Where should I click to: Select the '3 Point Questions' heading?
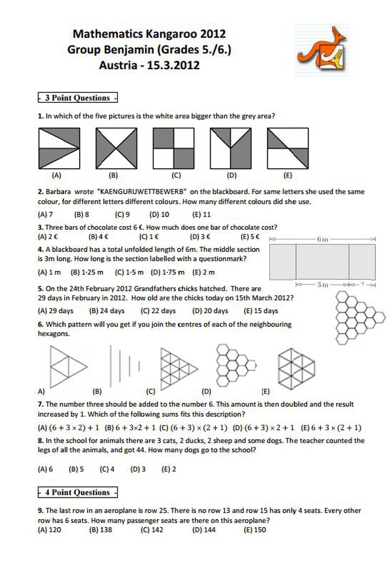pos(78,98)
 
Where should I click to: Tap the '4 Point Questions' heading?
pos(78,492)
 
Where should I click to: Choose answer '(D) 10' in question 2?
pos(159,214)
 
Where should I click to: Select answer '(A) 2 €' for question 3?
pos(48,237)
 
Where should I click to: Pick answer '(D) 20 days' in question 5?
pos(210,311)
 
